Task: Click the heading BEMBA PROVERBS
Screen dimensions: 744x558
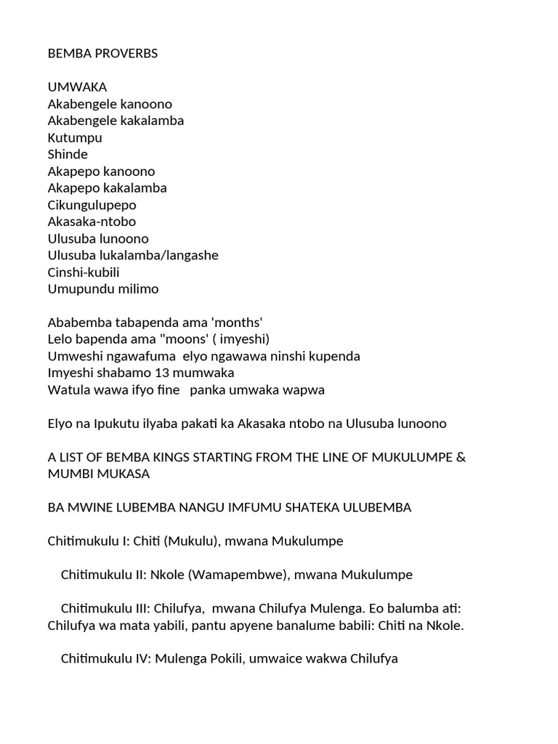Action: click(102, 54)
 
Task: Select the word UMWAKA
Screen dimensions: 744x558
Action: click(77, 87)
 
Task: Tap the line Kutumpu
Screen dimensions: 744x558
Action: click(75, 137)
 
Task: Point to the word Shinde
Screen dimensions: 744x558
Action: click(68, 154)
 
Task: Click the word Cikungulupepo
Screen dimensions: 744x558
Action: click(92, 205)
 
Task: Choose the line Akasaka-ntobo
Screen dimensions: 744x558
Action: click(92, 222)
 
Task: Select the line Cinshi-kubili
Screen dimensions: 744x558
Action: click(84, 272)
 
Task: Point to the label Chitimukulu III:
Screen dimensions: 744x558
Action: click(105, 608)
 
